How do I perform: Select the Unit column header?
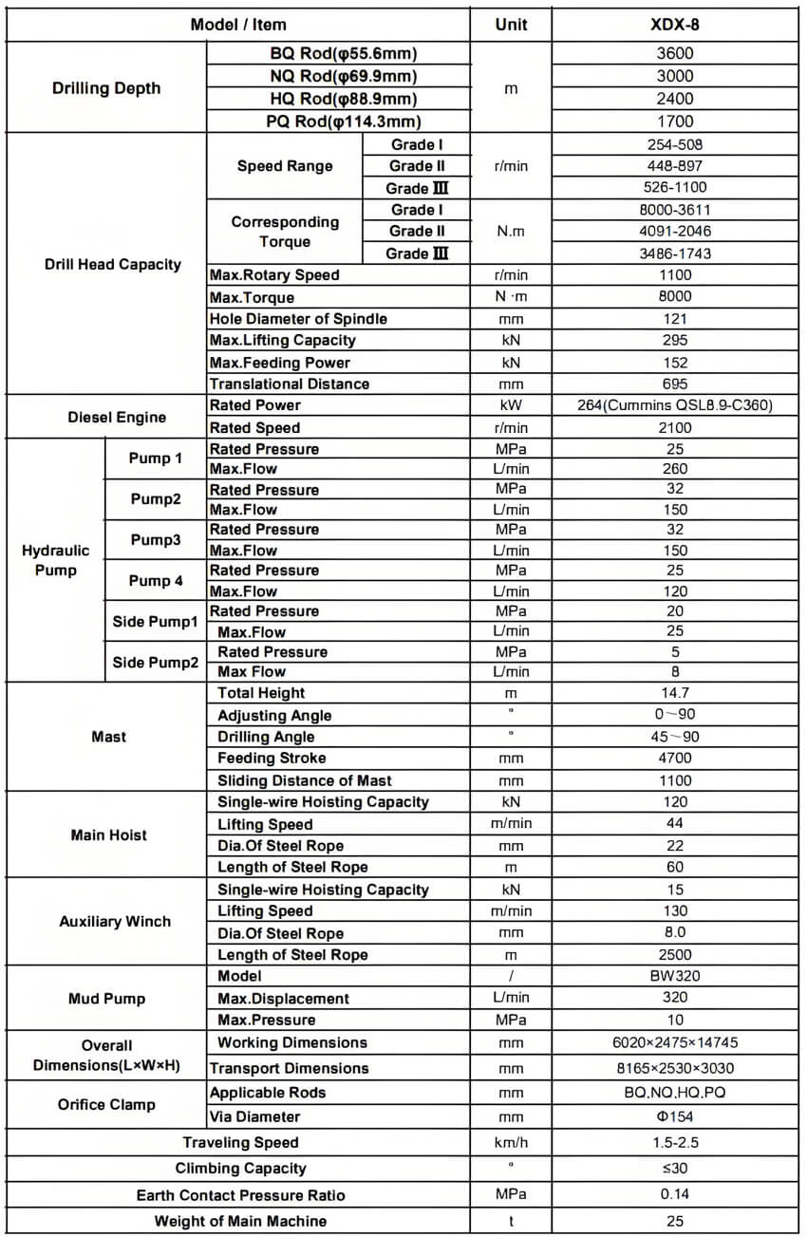[511, 25]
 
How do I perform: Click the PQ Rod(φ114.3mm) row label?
[343, 122]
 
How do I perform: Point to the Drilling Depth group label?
[106, 88]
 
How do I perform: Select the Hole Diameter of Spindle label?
[298, 319]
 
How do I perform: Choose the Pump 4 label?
[156, 581]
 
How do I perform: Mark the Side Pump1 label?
[156, 622]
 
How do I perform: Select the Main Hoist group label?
[108, 835]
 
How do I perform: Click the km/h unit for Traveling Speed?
[511, 1143]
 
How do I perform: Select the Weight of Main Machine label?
[240, 1221]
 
